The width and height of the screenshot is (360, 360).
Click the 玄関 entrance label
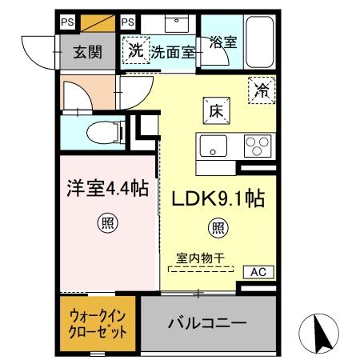tap(87, 53)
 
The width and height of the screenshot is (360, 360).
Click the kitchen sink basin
tap(213, 146)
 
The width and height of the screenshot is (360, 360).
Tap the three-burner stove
tap(257, 146)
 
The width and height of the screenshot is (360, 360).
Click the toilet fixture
tap(101, 130)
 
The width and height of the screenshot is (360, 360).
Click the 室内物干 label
tap(201, 259)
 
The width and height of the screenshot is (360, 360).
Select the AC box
tap(258, 272)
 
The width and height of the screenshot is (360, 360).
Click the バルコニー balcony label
tap(207, 324)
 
